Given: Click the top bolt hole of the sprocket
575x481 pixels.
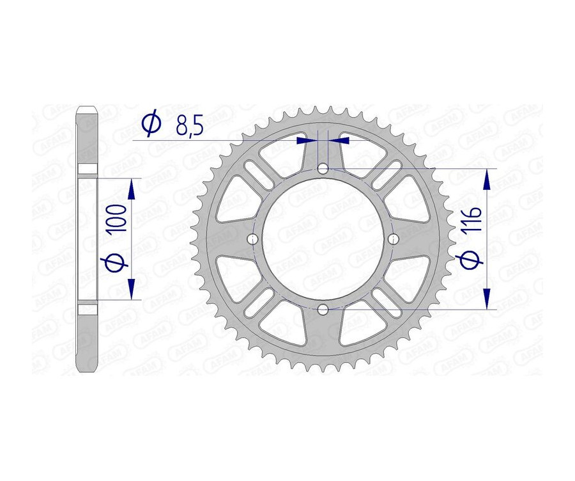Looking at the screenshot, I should point(323,169).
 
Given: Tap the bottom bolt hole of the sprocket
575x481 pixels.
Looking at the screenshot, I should point(323,310).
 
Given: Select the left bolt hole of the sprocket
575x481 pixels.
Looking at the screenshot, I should point(253,239).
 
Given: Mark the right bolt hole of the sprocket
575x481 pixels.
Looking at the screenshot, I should point(393,239).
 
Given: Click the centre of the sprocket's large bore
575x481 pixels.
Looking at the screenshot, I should point(323,239).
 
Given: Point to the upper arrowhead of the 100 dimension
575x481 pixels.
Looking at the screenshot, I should point(132,188).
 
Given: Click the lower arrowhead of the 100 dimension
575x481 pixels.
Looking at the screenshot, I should point(132,290).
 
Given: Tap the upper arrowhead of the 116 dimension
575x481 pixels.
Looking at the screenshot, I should point(487,179).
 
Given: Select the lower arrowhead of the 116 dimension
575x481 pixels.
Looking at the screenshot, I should point(487,299).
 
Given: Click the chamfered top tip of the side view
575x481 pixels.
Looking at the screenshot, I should point(87,109).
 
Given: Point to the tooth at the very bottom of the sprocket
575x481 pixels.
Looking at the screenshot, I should point(323,369).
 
